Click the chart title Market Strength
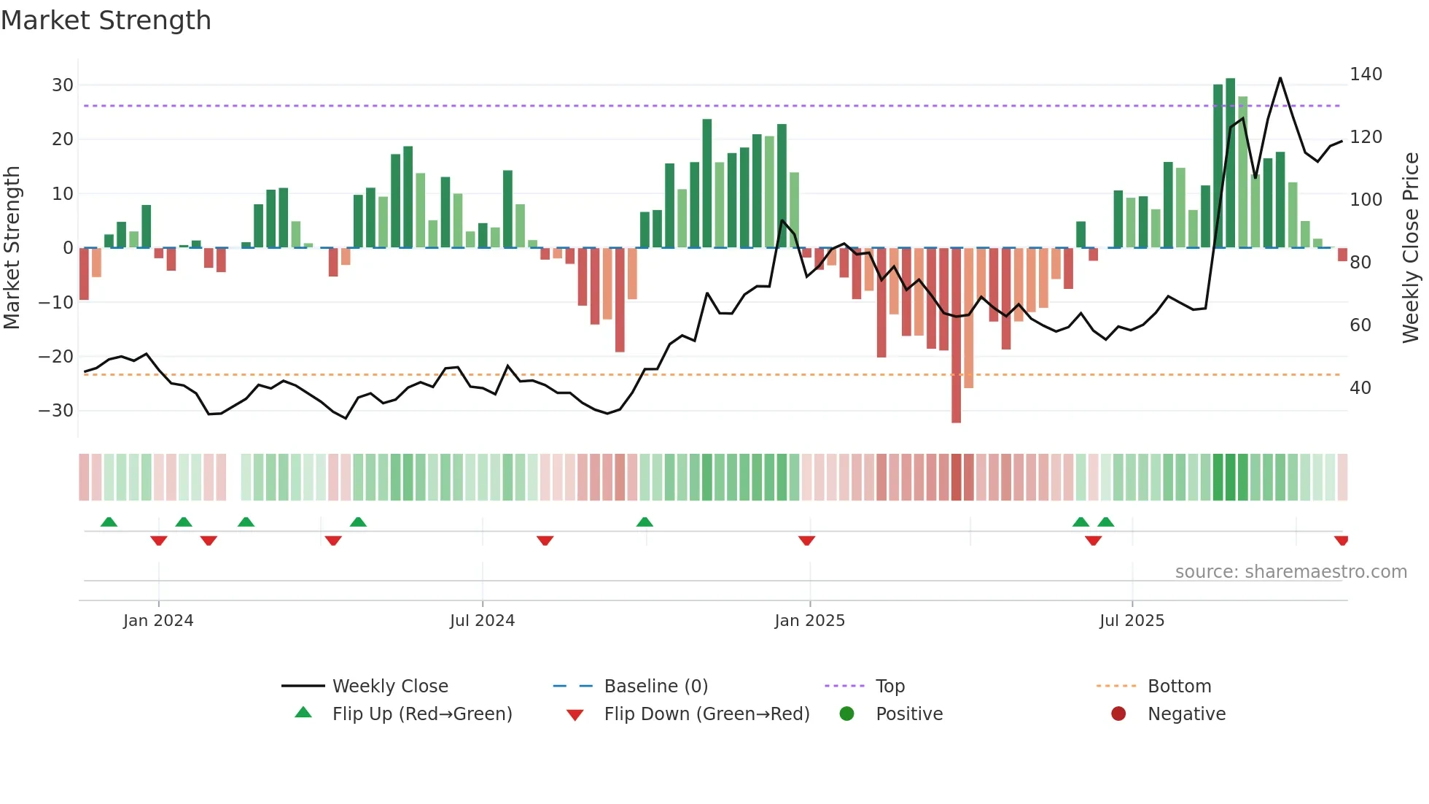coord(106,20)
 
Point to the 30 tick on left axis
coord(63,85)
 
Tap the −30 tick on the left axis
coord(57,411)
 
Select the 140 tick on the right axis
coord(1366,74)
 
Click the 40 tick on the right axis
coord(1360,388)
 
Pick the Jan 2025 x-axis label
coord(809,621)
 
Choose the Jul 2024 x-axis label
coord(482,621)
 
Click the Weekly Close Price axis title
coord(1411,248)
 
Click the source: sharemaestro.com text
coord(1290,572)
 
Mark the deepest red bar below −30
coord(956,336)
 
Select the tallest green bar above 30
coord(1230,163)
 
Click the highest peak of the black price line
coord(1280,78)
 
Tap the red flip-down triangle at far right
coord(1341,541)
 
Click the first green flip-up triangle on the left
coord(109,522)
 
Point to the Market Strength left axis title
coord(12,248)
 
